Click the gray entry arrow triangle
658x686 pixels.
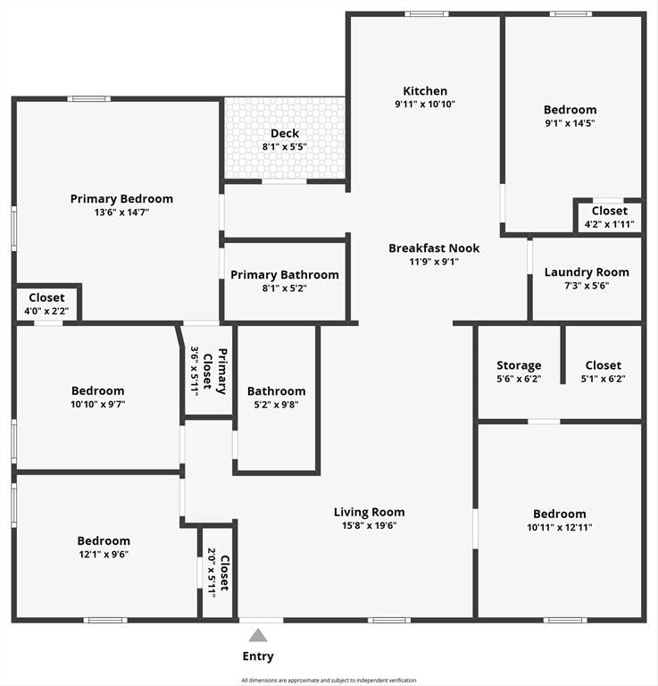click(x=258, y=636)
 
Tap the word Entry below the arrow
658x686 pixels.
click(x=258, y=657)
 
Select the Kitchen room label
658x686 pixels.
click(x=425, y=91)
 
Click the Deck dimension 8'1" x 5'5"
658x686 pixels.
click(x=285, y=146)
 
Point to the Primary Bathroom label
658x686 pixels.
click(x=285, y=275)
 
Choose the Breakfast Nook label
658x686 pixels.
click(x=434, y=248)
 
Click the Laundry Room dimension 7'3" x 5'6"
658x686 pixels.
click(x=587, y=286)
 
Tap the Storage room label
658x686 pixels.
click(x=519, y=365)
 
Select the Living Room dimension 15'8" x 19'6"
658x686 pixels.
click(x=370, y=525)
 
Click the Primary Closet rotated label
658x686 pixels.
click(x=215, y=372)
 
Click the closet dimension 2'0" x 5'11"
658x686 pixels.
click(x=212, y=573)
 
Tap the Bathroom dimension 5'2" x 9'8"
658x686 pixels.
click(x=276, y=405)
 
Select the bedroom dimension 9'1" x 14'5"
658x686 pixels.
click(x=571, y=123)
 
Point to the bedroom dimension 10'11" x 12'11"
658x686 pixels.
click(x=560, y=527)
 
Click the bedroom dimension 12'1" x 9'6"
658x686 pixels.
click(x=104, y=555)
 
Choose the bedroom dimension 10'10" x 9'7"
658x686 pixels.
click(x=98, y=405)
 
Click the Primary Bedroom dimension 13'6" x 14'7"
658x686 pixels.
click(x=121, y=213)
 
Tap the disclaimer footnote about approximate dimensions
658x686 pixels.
click(x=329, y=680)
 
